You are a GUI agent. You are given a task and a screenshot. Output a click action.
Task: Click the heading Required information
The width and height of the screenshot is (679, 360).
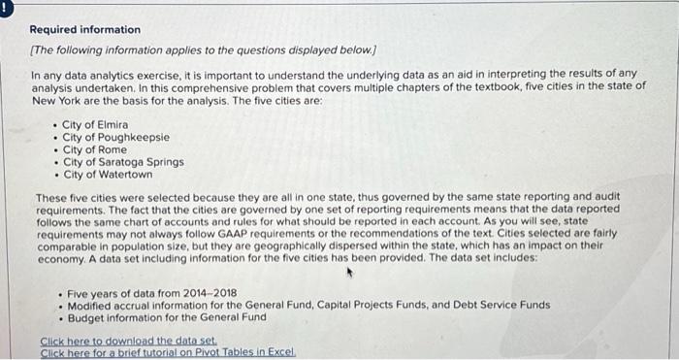[85, 30]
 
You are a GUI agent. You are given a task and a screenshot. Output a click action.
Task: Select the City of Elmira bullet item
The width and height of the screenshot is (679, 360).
[95, 125]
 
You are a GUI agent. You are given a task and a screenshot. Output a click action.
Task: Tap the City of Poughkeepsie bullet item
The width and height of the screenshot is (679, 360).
[115, 138]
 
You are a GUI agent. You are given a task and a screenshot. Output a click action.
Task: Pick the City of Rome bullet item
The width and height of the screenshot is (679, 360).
[94, 150]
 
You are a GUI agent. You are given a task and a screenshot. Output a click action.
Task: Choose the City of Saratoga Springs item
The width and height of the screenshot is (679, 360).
[123, 162]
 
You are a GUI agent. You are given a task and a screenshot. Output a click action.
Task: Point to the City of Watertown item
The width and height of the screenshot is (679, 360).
[108, 175]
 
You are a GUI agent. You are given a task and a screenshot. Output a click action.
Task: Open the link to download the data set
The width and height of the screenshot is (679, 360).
[129, 341]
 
